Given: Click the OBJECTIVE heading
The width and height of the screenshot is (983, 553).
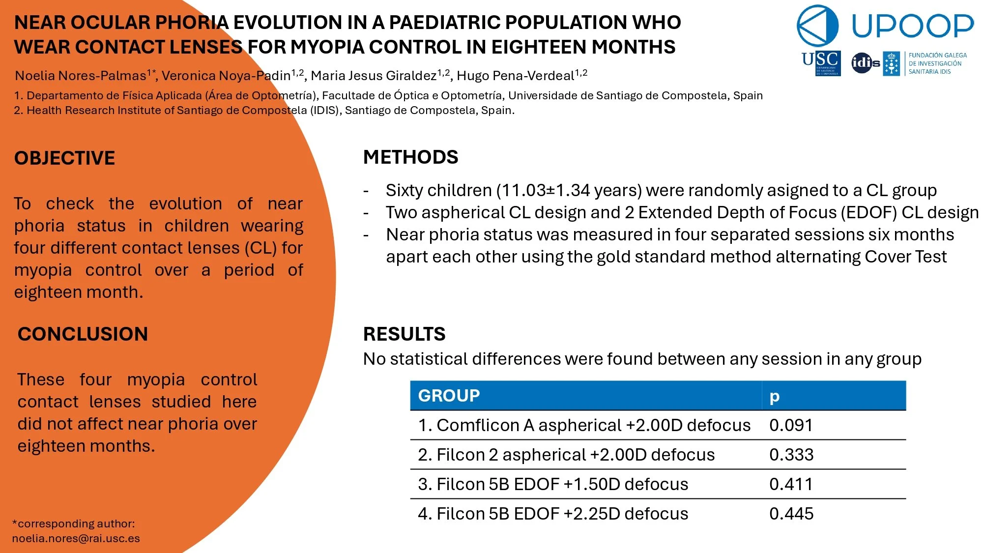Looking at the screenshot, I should point(64,158).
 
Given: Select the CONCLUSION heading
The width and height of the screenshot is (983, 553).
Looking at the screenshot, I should point(83,334).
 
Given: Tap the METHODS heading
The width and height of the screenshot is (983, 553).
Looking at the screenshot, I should point(410,157).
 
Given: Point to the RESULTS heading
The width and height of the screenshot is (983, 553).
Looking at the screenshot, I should point(404,334).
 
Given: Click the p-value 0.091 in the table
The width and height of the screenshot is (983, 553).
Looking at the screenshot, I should point(791,425).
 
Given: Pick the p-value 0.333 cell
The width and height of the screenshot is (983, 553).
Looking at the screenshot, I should point(791,455).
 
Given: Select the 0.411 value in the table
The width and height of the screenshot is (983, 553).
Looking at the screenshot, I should point(791,484).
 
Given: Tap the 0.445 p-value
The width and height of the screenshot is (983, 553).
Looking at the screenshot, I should point(791,514).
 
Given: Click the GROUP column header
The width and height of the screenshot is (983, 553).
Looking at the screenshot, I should point(449,396).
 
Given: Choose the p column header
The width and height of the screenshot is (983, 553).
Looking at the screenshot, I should point(774,396).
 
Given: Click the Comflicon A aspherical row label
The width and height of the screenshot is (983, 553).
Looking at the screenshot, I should point(584,425).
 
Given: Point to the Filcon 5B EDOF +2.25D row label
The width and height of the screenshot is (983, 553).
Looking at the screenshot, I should point(552,514).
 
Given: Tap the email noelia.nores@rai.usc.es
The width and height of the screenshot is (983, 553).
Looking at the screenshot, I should point(76,538).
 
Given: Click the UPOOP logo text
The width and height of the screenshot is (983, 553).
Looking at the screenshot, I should point(912,26).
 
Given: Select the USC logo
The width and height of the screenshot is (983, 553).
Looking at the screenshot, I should point(821,63).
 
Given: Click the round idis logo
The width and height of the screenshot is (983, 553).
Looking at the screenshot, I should point(865,63).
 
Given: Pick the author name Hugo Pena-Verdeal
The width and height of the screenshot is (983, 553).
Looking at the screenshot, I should point(515,76).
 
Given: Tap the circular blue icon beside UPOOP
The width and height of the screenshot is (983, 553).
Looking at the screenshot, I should point(817,26).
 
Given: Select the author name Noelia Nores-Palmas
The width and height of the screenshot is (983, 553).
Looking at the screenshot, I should point(81,76).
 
